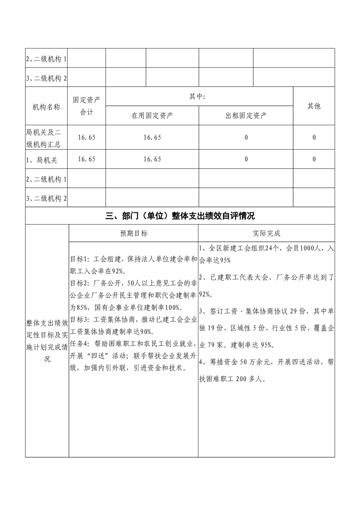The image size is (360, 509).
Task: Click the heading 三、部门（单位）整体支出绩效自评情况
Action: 180,215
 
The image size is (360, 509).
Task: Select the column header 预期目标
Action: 133,233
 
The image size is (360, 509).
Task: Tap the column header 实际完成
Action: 266,233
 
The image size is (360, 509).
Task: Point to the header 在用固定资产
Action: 152,115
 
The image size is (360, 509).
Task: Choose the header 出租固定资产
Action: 246,115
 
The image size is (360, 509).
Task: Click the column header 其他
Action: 314,106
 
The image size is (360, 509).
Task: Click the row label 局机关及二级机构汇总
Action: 47,137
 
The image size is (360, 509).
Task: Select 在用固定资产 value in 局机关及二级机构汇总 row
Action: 152,137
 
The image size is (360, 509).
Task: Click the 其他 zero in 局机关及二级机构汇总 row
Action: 314,137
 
